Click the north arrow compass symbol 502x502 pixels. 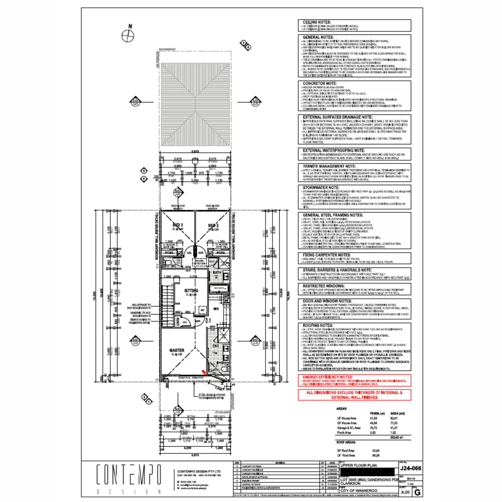click(127, 36)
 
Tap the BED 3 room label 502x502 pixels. click(178, 225)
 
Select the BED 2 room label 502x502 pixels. click(213, 225)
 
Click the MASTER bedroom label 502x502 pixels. click(177, 351)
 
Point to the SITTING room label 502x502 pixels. click(191, 290)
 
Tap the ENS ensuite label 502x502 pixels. click(216, 346)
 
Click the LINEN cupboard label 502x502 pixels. click(177, 321)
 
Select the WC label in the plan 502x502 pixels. click(173, 266)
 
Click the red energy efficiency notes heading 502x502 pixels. click(328, 377)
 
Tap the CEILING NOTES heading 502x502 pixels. click(317, 22)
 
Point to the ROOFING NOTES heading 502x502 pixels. click(318, 325)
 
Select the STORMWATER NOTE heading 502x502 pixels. click(321, 187)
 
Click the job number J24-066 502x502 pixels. click(410, 468)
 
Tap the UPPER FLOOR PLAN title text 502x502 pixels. click(359, 465)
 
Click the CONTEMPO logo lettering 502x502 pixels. click(129, 474)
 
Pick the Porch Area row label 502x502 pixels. click(344, 433)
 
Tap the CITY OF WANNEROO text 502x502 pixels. click(359, 490)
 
